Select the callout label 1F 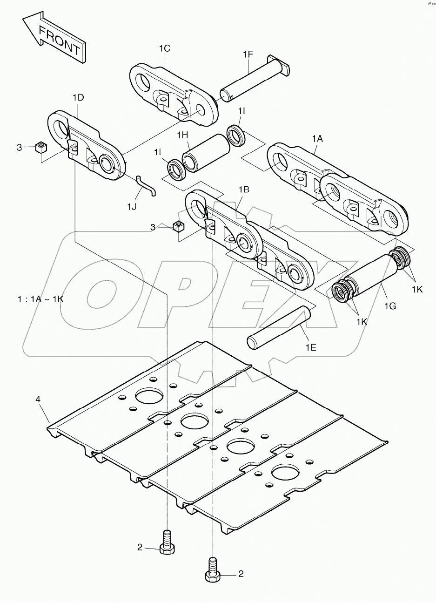pos(248,54)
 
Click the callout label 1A pos(317,138)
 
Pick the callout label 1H pos(182,135)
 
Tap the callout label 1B pos(244,190)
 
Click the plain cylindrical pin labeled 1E pos(280,328)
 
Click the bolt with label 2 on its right pos(213,570)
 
